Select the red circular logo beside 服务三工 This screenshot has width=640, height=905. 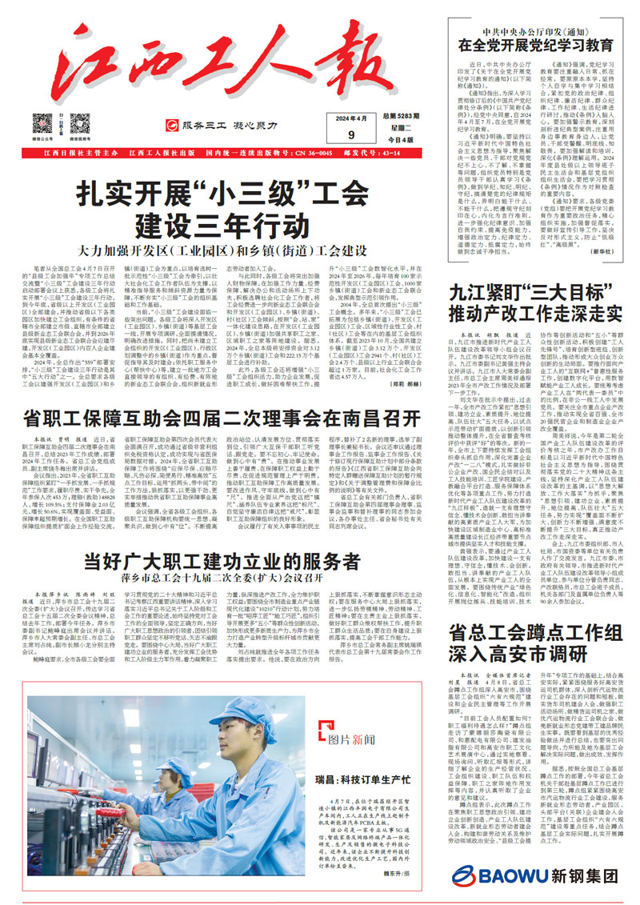pyautogui.click(x=170, y=125)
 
